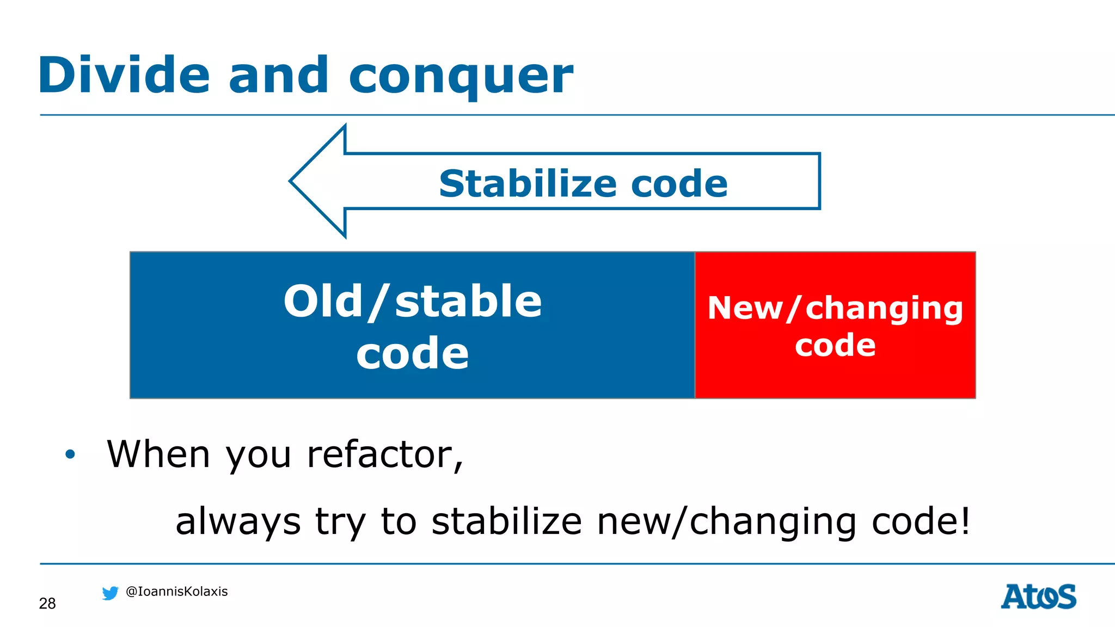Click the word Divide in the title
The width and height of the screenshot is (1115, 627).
124,75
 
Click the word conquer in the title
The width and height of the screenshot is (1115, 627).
461,76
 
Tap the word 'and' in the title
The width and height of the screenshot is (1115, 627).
278,75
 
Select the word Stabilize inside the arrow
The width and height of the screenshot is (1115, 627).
528,183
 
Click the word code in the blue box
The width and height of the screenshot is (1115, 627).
412,353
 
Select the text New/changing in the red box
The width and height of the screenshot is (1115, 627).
835,308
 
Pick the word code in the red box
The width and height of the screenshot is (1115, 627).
835,345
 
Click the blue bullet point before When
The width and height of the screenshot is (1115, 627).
70,454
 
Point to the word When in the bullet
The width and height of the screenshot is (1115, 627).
158,454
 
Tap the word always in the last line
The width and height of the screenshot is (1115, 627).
238,521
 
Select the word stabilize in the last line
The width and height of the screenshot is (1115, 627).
506,521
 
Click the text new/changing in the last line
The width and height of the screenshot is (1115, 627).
727,521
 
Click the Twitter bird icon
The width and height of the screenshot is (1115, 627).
110,593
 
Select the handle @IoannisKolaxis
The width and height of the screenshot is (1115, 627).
176,592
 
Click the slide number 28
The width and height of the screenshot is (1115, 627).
47,603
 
